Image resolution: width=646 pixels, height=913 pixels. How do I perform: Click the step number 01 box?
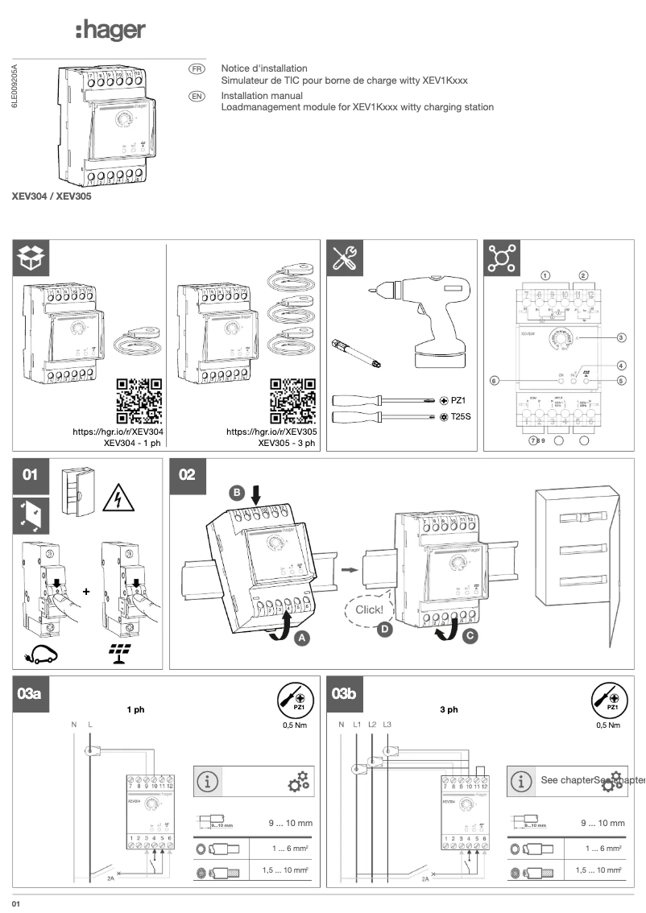[x=31, y=475]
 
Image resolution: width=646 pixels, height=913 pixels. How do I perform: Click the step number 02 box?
[x=187, y=475]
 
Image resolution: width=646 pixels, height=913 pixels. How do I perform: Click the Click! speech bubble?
[x=370, y=610]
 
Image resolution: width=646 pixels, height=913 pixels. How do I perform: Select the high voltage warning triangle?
[x=118, y=501]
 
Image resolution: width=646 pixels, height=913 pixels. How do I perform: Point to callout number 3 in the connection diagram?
[x=621, y=338]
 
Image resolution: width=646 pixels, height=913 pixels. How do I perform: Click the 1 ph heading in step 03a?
[x=135, y=709]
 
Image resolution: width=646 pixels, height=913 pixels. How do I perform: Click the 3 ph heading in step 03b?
[x=449, y=709]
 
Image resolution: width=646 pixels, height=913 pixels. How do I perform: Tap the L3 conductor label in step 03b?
[x=387, y=725]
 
